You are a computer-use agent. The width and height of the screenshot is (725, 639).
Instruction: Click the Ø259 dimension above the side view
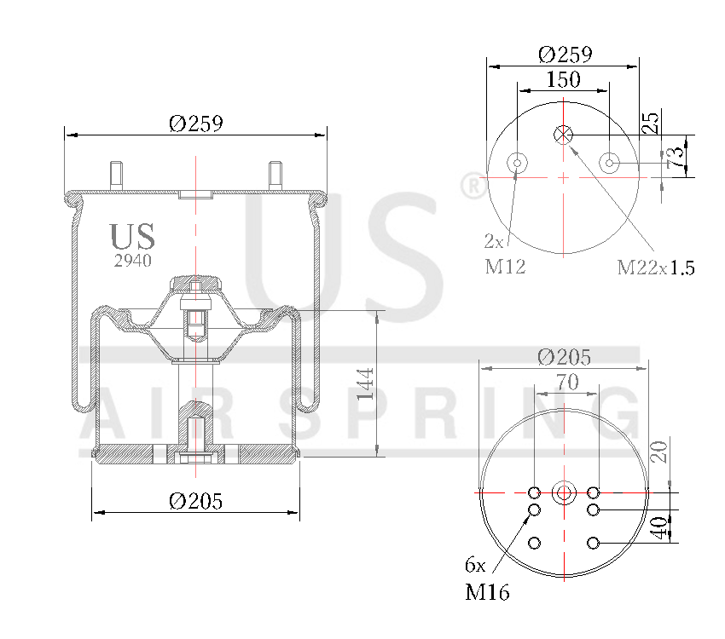[195, 124]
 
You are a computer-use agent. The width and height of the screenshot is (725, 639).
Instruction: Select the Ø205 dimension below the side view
[195, 502]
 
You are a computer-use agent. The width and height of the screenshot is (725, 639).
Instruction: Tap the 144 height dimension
[366, 384]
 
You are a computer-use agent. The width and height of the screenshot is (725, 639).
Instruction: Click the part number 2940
[132, 261]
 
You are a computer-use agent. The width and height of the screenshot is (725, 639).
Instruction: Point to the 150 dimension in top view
[563, 80]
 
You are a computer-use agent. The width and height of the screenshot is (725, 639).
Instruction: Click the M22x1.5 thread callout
[656, 268]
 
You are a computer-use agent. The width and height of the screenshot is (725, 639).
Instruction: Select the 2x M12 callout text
[504, 255]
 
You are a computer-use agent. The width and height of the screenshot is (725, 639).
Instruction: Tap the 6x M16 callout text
[486, 579]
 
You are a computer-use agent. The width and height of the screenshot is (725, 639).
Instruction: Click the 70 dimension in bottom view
[567, 383]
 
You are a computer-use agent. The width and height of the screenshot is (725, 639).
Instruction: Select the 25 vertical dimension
[651, 122]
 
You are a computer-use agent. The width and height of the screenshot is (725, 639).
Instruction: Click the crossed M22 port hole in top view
[563, 135]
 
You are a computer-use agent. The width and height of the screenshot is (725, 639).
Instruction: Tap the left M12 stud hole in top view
[517, 162]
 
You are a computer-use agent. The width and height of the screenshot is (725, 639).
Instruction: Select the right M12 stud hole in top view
[609, 162]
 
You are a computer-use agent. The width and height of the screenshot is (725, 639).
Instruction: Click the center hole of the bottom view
[563, 492]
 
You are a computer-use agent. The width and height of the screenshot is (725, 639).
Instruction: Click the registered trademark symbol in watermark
[470, 186]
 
